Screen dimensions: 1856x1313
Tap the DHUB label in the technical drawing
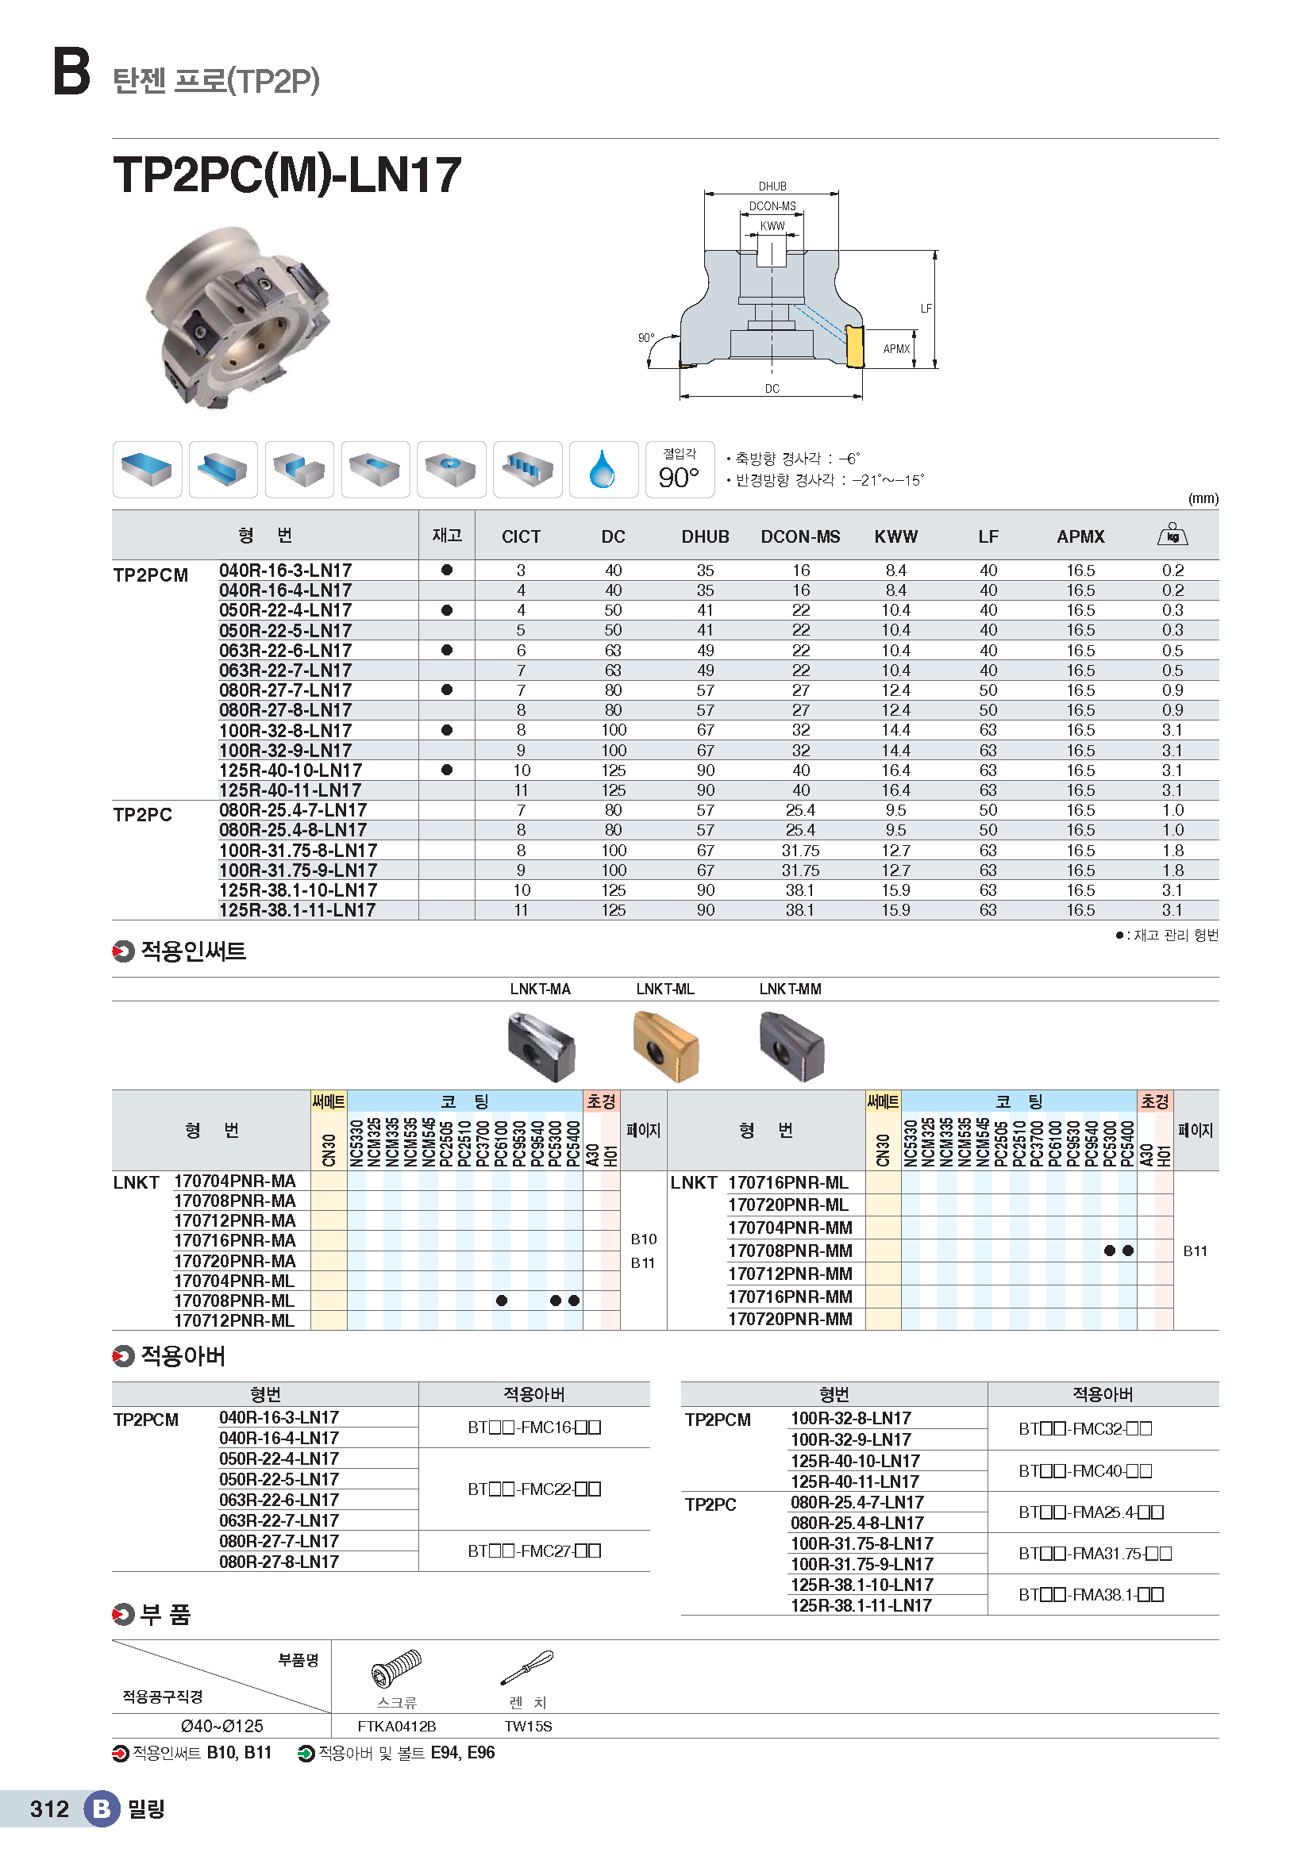772,186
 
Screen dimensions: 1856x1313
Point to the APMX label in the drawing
895,349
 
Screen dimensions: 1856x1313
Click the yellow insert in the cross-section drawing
854,346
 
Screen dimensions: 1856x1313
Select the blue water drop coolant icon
603,470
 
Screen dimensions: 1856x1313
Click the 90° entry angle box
680,470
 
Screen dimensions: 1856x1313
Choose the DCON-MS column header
799,536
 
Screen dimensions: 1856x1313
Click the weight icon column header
1172,535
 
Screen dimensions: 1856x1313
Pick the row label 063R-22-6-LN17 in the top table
286,651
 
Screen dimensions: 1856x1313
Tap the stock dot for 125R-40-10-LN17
446,770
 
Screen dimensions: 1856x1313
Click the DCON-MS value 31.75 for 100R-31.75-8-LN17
799,851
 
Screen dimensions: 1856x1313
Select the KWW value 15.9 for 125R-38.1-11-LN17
895,910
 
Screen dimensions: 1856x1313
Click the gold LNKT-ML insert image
665,1046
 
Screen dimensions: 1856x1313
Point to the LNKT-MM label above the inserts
790,989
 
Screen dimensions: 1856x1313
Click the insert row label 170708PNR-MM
790,1251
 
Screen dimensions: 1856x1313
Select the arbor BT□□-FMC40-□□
1085,1471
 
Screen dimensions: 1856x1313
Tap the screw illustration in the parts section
396,1669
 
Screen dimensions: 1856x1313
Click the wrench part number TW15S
528,1727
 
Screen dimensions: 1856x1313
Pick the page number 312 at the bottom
49,1809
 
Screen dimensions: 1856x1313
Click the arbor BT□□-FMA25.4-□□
1091,1512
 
